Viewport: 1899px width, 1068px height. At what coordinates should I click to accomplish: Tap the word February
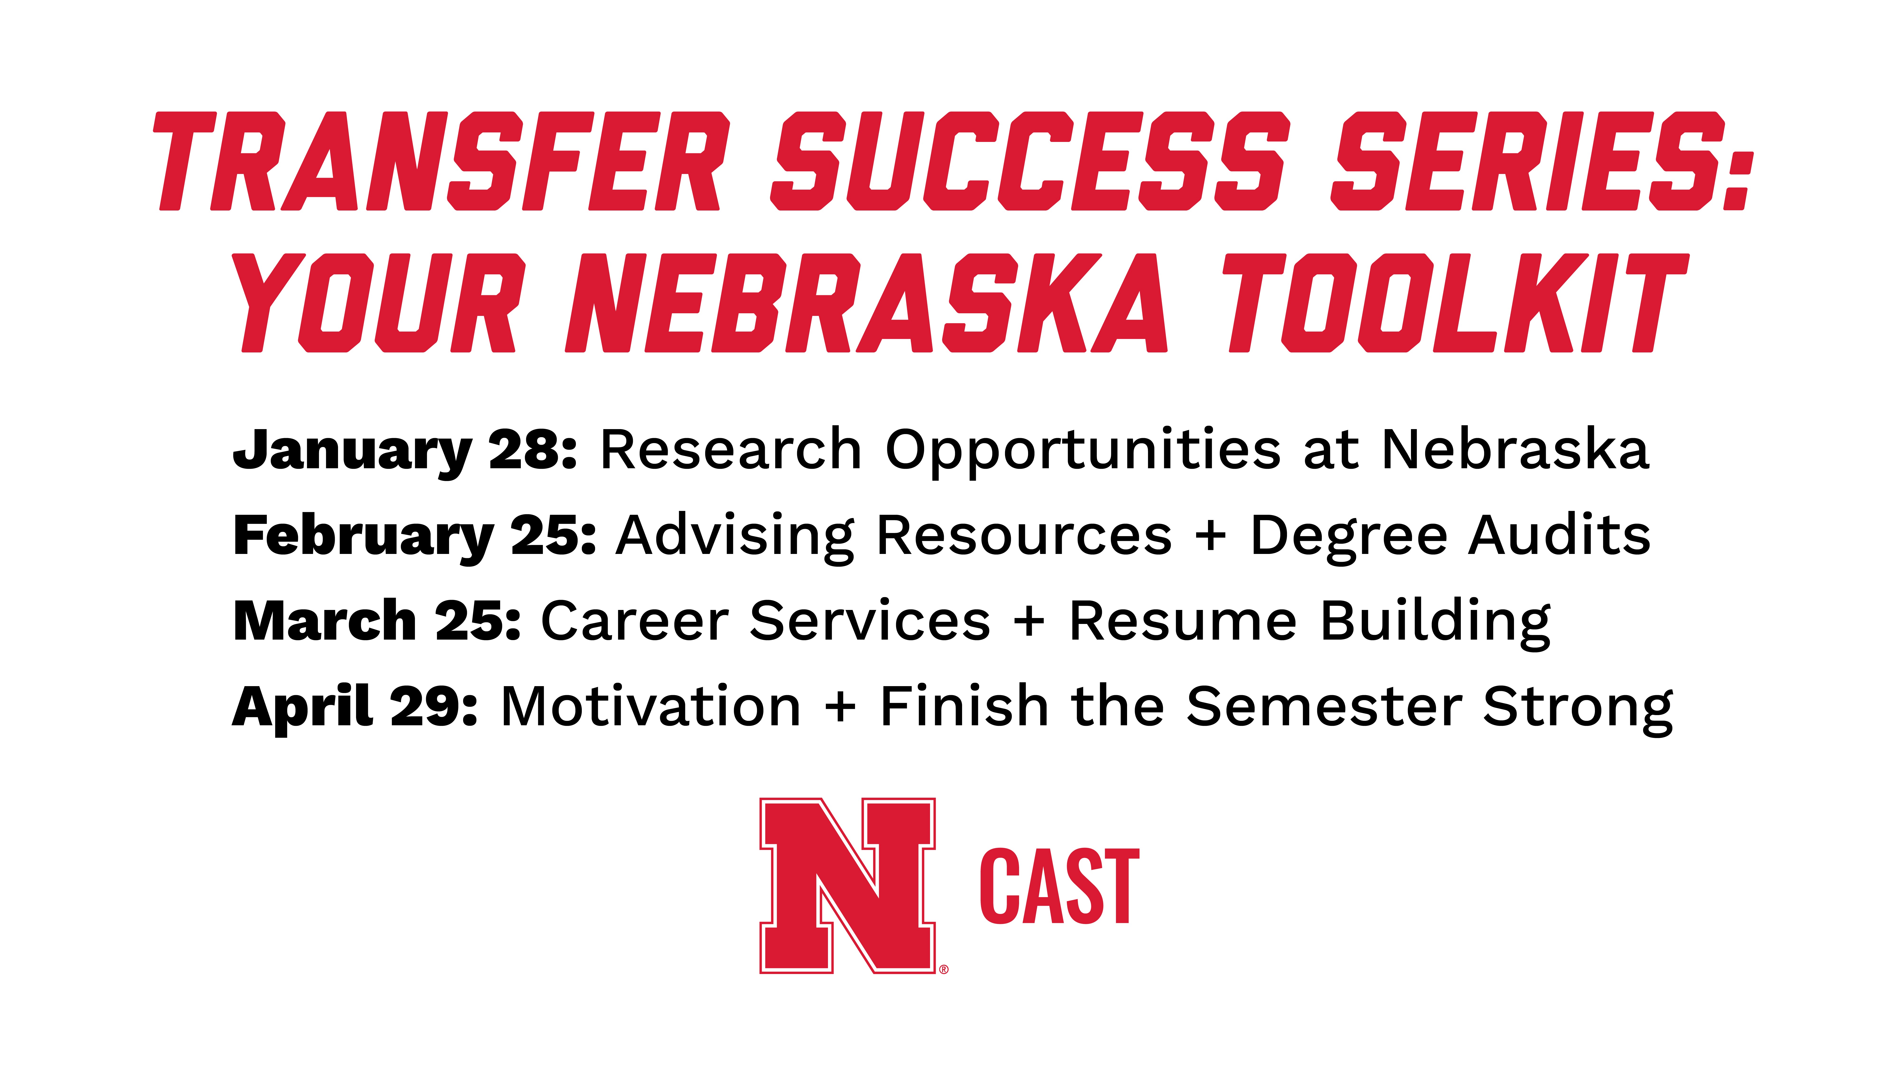[x=363, y=536]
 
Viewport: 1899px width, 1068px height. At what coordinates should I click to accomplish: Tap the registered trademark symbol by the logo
[x=944, y=969]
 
